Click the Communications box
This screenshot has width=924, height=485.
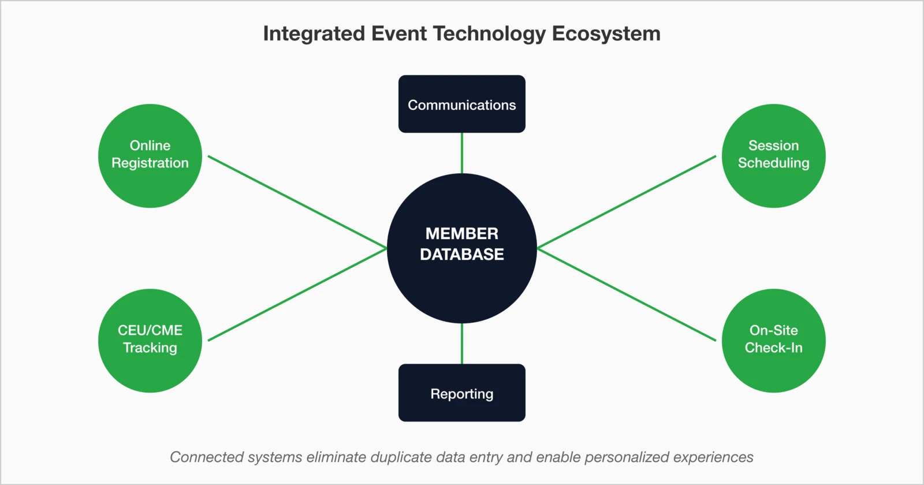coord(462,105)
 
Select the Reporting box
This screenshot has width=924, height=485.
coord(462,393)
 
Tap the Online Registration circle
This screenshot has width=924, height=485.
coord(150,155)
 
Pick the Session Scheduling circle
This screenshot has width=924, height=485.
coord(773,155)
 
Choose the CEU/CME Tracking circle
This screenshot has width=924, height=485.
coord(150,340)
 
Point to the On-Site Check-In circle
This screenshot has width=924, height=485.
coord(773,340)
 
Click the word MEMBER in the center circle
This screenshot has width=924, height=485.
coord(462,233)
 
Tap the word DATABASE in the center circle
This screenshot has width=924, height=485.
coord(462,255)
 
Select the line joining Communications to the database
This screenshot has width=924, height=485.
coord(462,153)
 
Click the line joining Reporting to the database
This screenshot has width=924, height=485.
coord(462,344)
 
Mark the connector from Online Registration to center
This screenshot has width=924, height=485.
coord(297,202)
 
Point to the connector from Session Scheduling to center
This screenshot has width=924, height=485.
coord(627,202)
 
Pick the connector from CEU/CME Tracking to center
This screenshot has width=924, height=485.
coord(297,294)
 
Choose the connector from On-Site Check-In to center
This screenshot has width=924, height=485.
coord(627,294)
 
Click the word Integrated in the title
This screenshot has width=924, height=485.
coord(314,33)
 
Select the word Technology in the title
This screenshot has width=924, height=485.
coord(489,33)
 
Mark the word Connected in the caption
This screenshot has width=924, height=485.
coord(207,457)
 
